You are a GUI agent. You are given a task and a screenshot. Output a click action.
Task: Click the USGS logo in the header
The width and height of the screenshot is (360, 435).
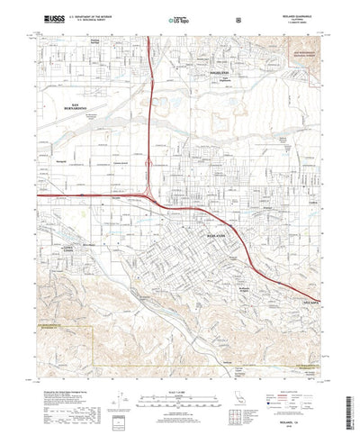50,16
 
